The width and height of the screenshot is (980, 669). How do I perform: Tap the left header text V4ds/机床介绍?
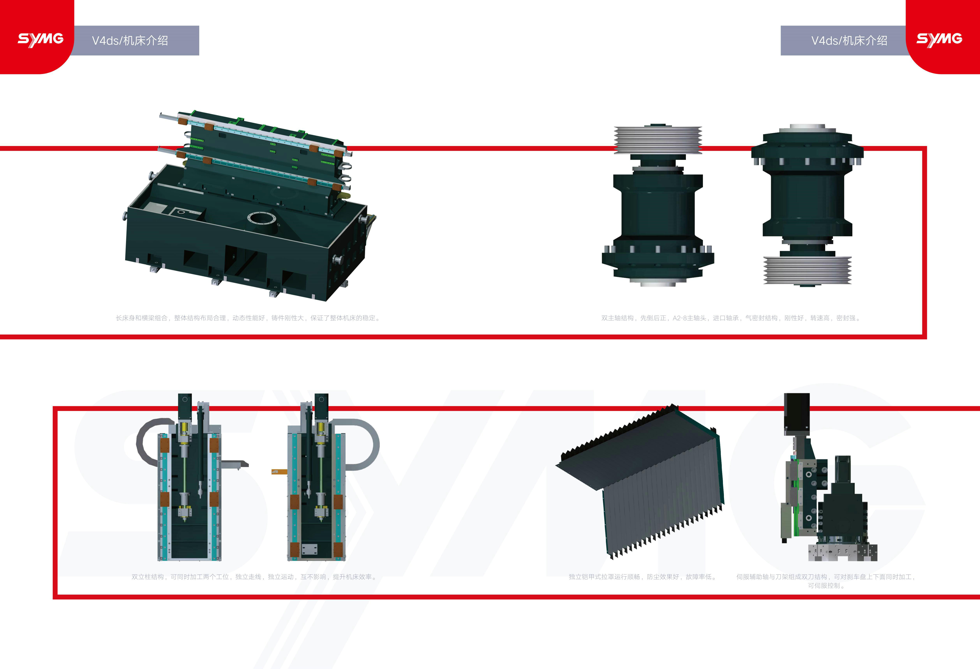[x=130, y=40]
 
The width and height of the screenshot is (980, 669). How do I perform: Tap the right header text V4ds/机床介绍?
[x=849, y=40]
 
